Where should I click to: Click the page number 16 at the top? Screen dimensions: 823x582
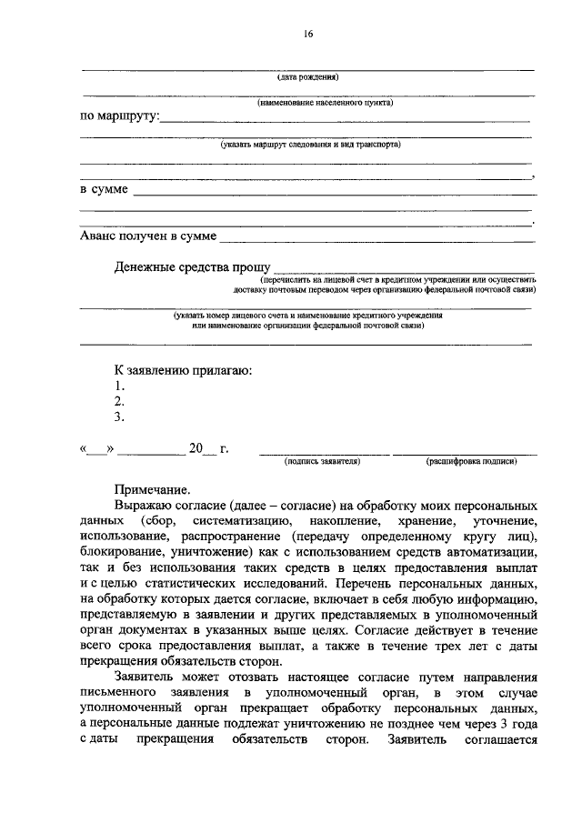(308, 34)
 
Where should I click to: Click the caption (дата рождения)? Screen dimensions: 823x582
(308, 77)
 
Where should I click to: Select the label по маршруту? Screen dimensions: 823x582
(119, 117)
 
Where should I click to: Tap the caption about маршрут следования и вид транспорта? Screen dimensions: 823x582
(309, 144)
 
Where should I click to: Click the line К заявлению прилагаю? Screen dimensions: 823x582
(183, 370)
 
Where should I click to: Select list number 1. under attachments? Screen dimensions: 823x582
(118, 386)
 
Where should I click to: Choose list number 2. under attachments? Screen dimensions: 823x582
(118, 402)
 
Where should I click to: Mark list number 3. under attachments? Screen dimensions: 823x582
(118, 417)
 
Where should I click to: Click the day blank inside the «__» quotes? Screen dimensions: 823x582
(97, 448)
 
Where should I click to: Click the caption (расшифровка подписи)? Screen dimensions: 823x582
(471, 461)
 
